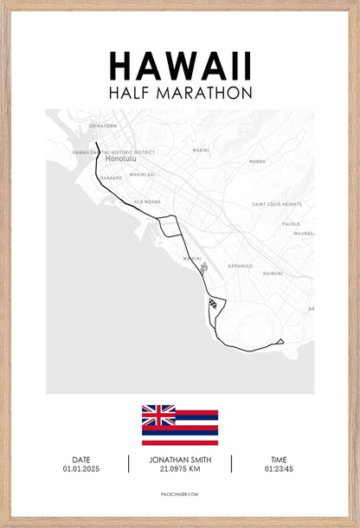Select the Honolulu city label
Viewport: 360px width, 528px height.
coord(122,159)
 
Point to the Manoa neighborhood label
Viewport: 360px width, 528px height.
coord(257,161)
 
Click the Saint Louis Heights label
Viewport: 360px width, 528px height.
coord(277,204)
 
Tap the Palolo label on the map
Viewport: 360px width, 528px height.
coord(291,223)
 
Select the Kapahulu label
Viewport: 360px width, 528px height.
coord(239,266)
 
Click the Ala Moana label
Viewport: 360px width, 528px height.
coord(147,202)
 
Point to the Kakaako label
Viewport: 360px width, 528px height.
coord(111,177)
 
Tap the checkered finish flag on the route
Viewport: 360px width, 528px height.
coord(212,302)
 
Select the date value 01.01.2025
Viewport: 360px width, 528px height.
coord(81,468)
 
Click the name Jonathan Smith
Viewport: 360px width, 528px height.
coord(180,459)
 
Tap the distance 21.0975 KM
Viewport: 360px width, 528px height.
coord(180,469)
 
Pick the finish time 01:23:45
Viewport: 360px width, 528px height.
coord(278,468)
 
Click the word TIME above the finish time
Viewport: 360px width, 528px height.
coord(278,459)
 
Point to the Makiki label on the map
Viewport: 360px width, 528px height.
coord(200,150)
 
